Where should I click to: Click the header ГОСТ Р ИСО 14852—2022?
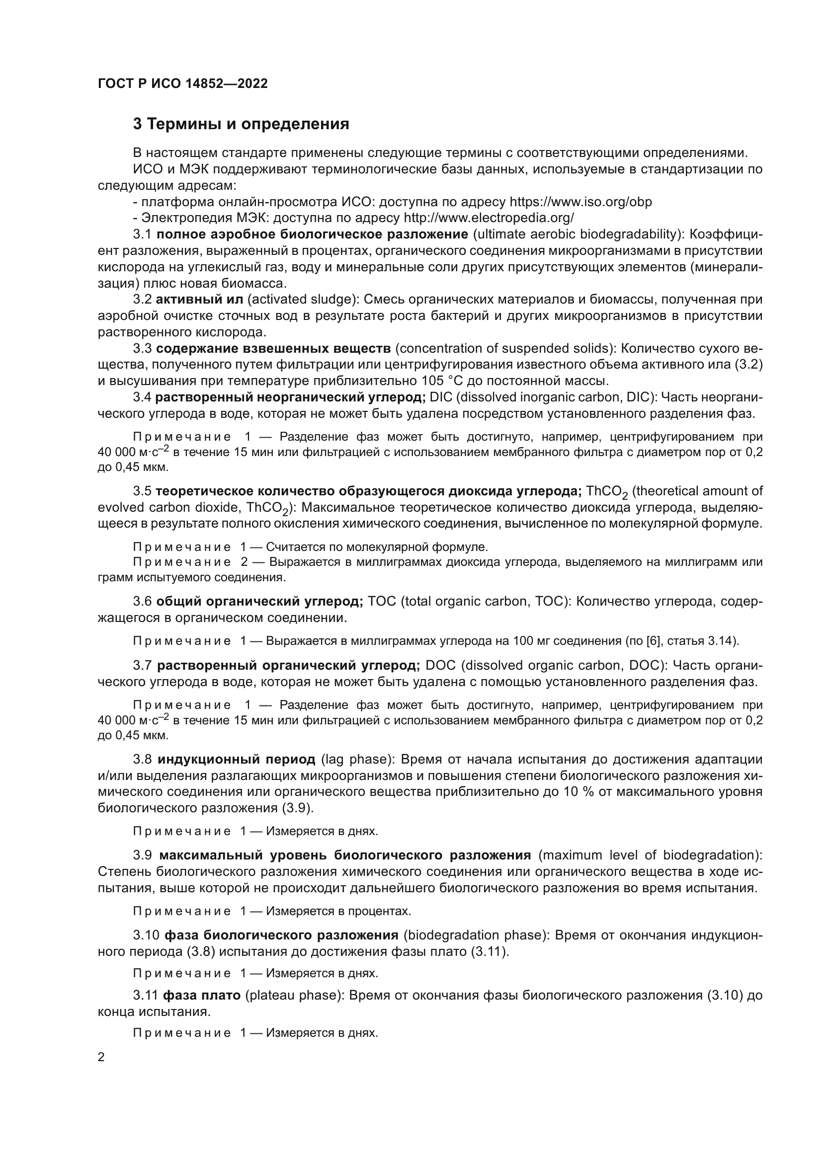pos(183,83)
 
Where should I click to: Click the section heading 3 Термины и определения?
pos(241,124)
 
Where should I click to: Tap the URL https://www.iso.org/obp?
pos(580,202)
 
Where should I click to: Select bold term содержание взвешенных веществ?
pos(273,349)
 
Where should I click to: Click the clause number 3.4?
pos(142,397)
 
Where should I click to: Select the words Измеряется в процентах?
pos(338,912)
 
